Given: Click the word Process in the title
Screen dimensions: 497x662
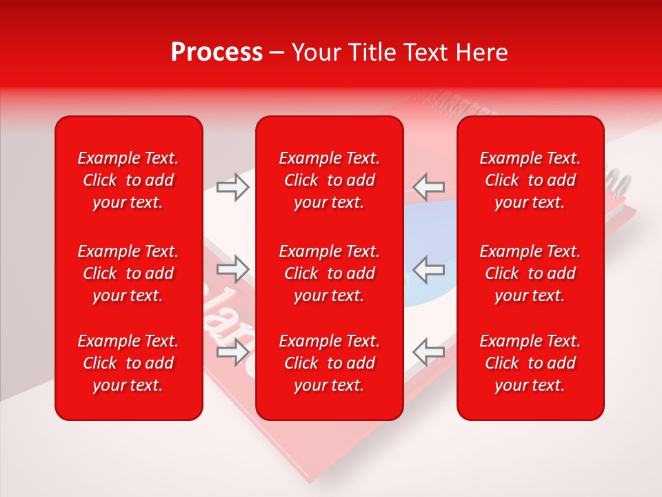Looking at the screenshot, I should click(217, 52).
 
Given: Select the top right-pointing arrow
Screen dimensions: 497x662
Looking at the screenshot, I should click(232, 186).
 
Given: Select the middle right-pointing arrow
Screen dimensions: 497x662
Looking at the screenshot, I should click(232, 269).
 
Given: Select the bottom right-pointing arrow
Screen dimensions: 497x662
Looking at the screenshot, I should click(232, 352).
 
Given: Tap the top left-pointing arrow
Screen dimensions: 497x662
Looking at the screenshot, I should click(429, 186).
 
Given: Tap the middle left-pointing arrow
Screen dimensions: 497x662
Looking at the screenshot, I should click(429, 269).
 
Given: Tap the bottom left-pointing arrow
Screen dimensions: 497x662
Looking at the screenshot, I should click(429, 352).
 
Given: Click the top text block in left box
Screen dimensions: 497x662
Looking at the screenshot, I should click(128, 180).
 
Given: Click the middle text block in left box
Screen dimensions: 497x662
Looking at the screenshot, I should click(128, 273).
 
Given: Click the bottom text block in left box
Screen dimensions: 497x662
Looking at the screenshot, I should click(128, 363).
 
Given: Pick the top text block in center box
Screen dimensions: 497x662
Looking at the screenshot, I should click(329, 180).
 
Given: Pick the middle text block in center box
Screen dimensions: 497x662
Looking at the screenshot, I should click(329, 273).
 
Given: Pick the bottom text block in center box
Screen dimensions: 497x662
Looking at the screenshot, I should click(329, 363).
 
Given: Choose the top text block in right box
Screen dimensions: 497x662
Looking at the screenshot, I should click(530, 180).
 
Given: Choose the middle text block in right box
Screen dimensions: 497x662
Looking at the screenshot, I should click(530, 273).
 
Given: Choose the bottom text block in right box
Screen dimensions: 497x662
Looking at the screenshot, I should click(530, 363).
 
